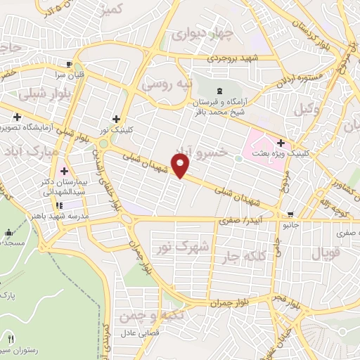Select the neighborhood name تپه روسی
[167, 84]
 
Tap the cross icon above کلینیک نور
[116, 119]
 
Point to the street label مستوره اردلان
[300, 76]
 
